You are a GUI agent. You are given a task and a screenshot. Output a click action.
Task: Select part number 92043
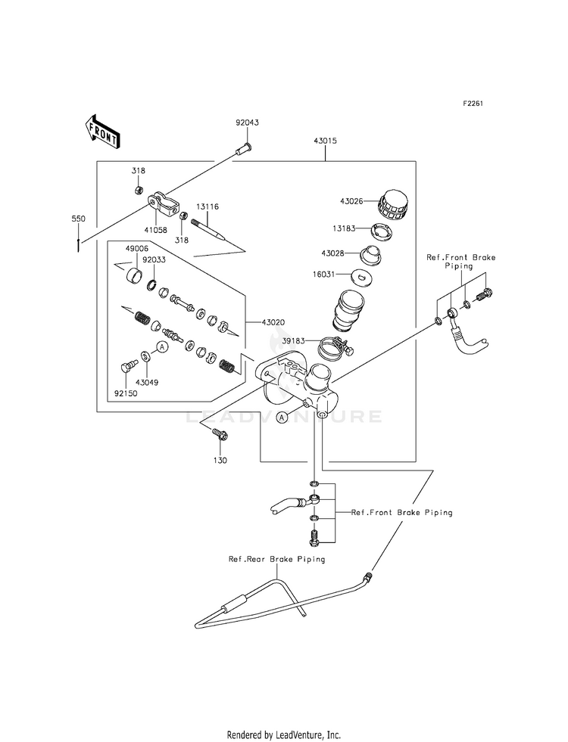pyautogui.click(x=248, y=123)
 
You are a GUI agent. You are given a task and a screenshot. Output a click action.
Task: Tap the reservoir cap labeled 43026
pyautogui.click(x=392, y=205)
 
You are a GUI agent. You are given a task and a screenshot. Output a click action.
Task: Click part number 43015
pyautogui.click(x=325, y=141)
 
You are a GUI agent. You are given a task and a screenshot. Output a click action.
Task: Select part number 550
pyautogui.click(x=78, y=219)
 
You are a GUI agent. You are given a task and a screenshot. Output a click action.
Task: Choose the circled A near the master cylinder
pyautogui.click(x=282, y=418)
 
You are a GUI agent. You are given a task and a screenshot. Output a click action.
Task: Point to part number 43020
pyautogui.click(x=273, y=322)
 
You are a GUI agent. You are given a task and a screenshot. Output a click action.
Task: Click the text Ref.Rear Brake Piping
pyautogui.click(x=277, y=559)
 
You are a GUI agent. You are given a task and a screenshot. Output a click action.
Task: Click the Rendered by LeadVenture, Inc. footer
pyautogui.click(x=284, y=735)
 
